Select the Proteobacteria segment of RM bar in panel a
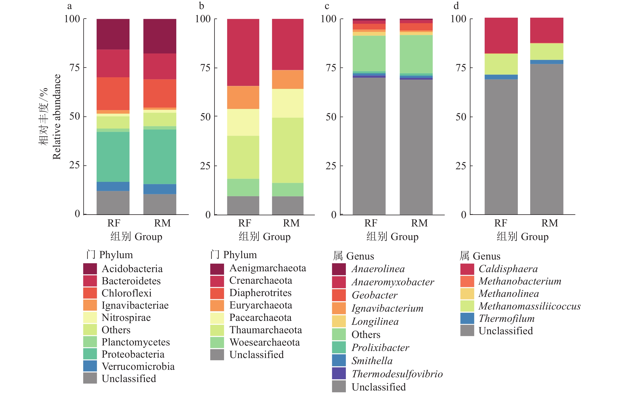(160, 157)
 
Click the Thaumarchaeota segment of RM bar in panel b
(288, 150)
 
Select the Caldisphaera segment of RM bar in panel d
(546, 30)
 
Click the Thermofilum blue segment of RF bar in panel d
(501, 77)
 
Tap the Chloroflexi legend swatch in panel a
(90, 293)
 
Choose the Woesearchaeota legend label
(264, 342)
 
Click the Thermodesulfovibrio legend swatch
(339, 373)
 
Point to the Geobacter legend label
(375, 295)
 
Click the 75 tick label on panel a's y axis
(74, 68)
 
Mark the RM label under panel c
(419, 223)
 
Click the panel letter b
(202, 6)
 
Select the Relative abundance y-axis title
(57, 117)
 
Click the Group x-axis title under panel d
(522, 237)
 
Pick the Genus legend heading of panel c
(354, 256)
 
